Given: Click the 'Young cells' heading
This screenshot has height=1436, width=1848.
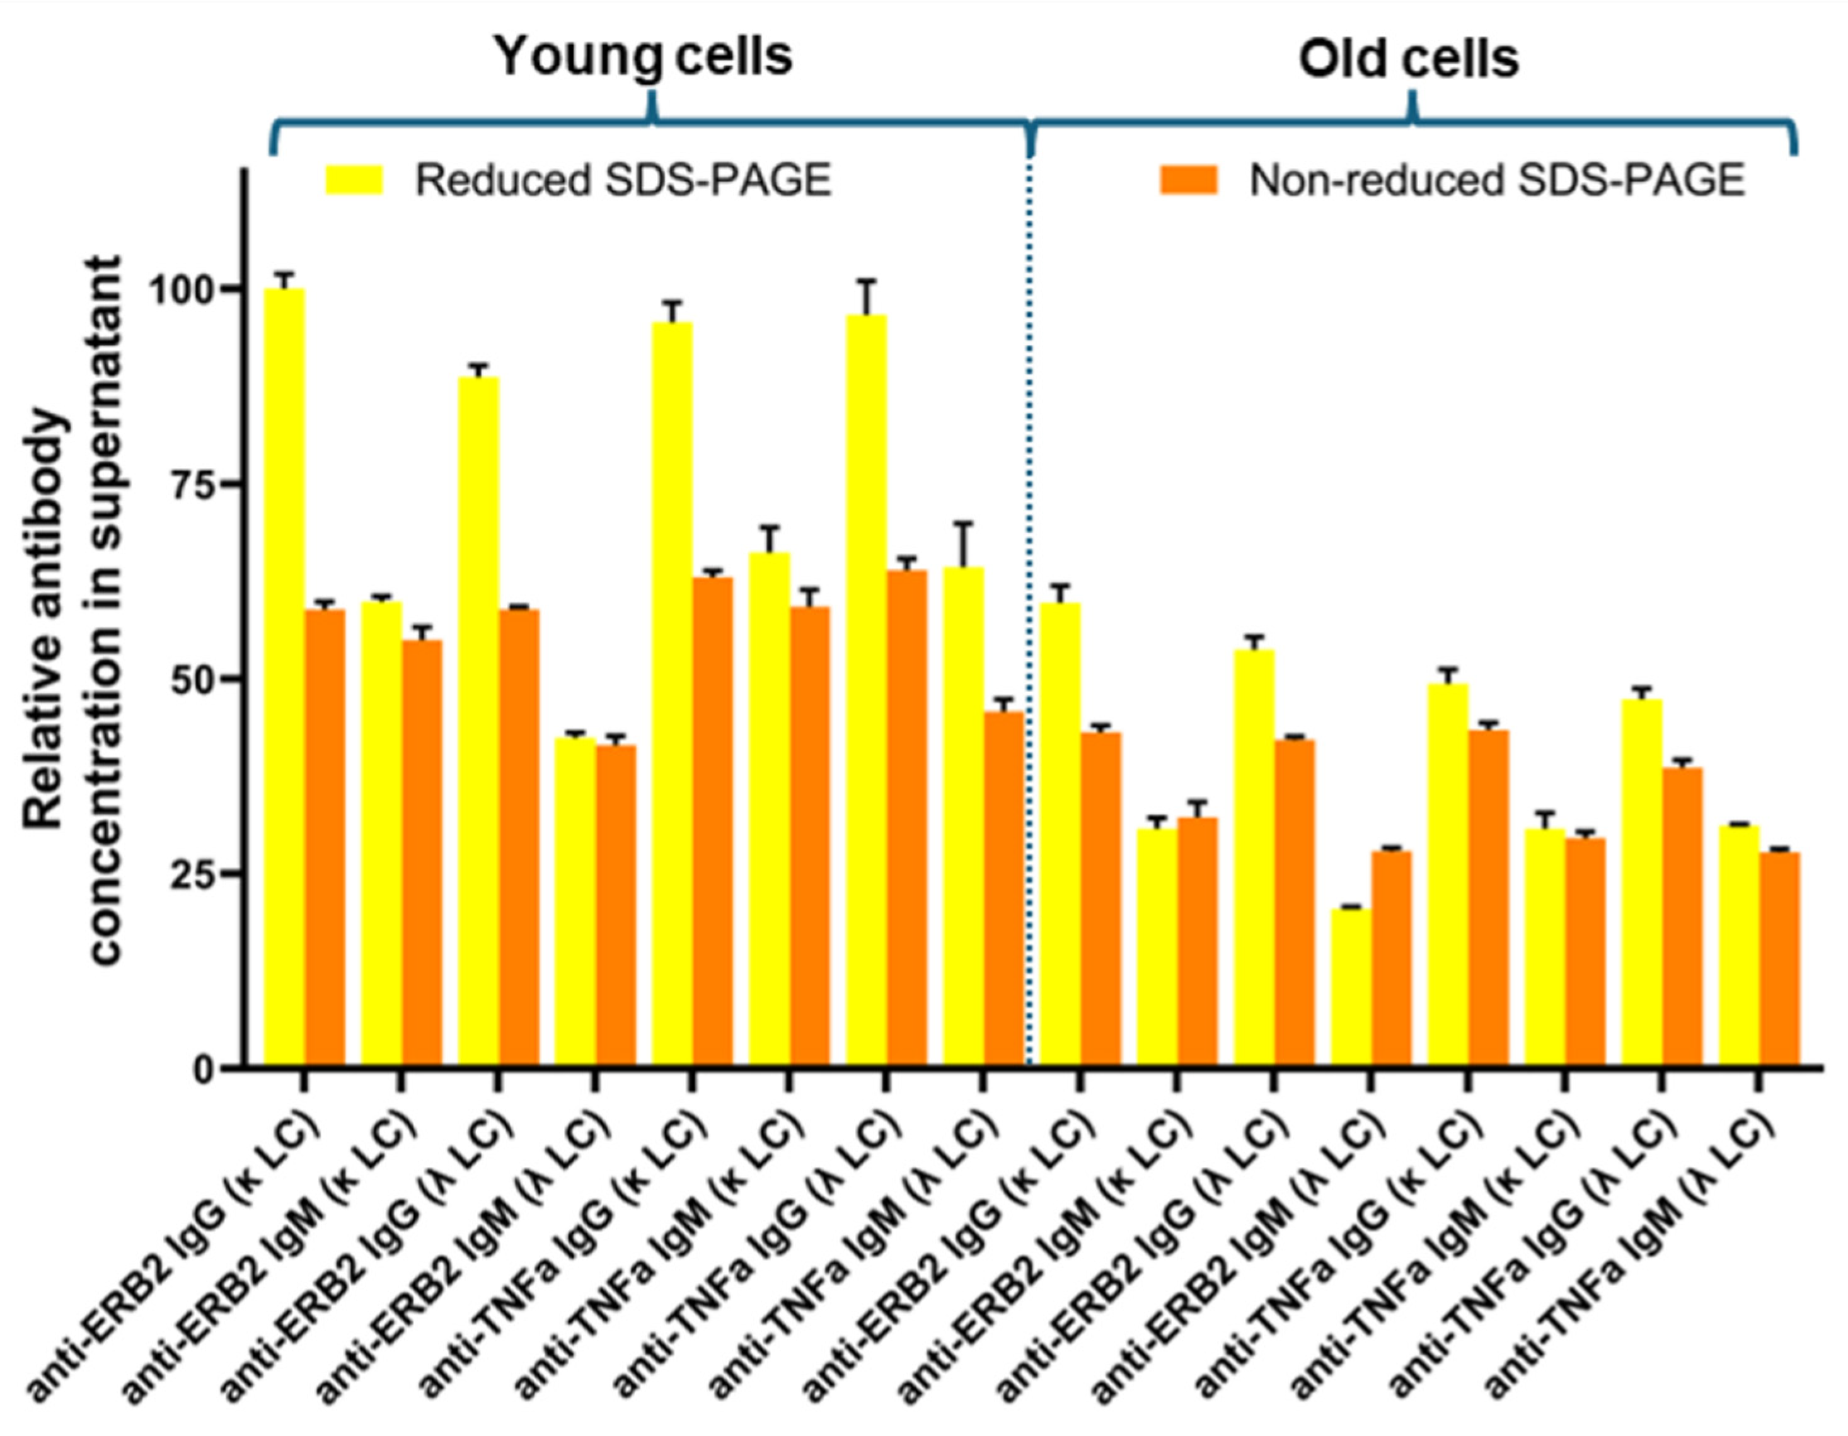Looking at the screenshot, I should [x=643, y=57].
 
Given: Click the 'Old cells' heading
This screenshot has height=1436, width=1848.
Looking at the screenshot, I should [x=1409, y=59].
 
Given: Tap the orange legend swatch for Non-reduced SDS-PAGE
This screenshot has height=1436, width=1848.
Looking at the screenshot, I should [x=1188, y=180].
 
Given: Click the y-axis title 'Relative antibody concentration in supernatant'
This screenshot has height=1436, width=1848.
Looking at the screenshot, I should [x=72, y=610].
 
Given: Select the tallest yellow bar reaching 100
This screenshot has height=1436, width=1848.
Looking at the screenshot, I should [x=284, y=677].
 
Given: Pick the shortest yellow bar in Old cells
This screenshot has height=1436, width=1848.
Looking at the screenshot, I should [x=1351, y=987].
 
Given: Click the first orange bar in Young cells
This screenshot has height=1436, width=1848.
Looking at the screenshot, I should [x=325, y=838].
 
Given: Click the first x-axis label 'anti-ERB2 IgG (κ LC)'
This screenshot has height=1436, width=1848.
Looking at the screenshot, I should [x=173, y=1253].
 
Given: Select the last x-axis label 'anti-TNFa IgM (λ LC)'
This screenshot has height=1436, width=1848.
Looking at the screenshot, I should [x=1629, y=1253].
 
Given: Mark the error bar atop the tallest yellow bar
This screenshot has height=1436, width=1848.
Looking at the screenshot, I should [x=284, y=279].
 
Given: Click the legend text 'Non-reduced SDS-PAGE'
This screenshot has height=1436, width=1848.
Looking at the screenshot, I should [x=1497, y=180].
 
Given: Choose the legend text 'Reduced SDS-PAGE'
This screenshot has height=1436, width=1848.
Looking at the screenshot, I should [x=623, y=180].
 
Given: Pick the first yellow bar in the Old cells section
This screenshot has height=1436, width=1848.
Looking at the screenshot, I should [x=1060, y=833].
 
